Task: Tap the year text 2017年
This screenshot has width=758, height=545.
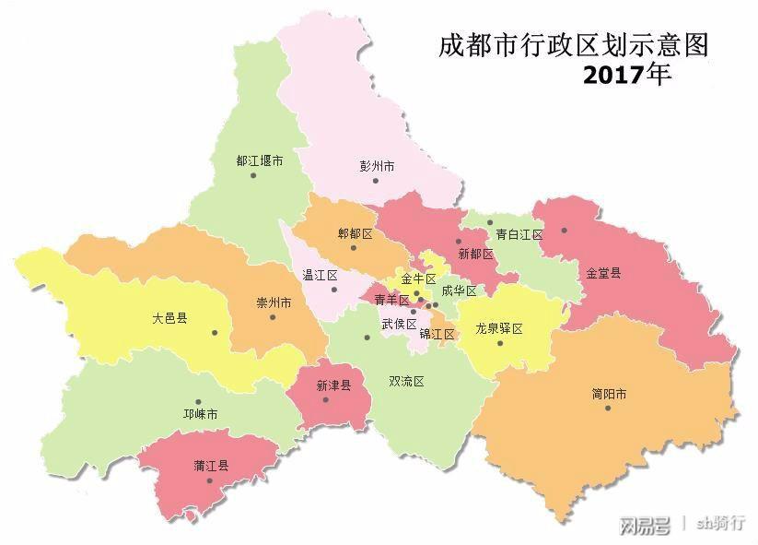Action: coord(626,76)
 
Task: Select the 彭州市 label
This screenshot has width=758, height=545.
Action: coord(377,167)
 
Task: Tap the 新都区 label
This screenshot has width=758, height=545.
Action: coord(475,253)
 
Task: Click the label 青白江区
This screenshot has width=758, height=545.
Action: coord(519,235)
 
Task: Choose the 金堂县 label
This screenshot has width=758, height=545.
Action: coord(603,273)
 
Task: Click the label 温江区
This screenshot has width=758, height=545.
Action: coord(321,276)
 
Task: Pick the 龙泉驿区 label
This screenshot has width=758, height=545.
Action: coord(499,328)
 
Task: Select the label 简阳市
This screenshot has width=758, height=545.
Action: coord(609,394)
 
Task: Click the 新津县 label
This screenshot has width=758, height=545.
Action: coord(333,386)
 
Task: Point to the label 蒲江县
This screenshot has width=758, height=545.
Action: coord(211,466)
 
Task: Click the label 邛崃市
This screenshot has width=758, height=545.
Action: coord(200,415)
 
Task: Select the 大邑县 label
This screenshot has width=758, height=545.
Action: coord(169,318)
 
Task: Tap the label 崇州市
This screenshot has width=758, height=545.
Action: coord(274,302)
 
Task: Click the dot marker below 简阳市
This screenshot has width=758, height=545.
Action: coord(608,408)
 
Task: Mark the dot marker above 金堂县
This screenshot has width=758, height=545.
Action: coord(564,231)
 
